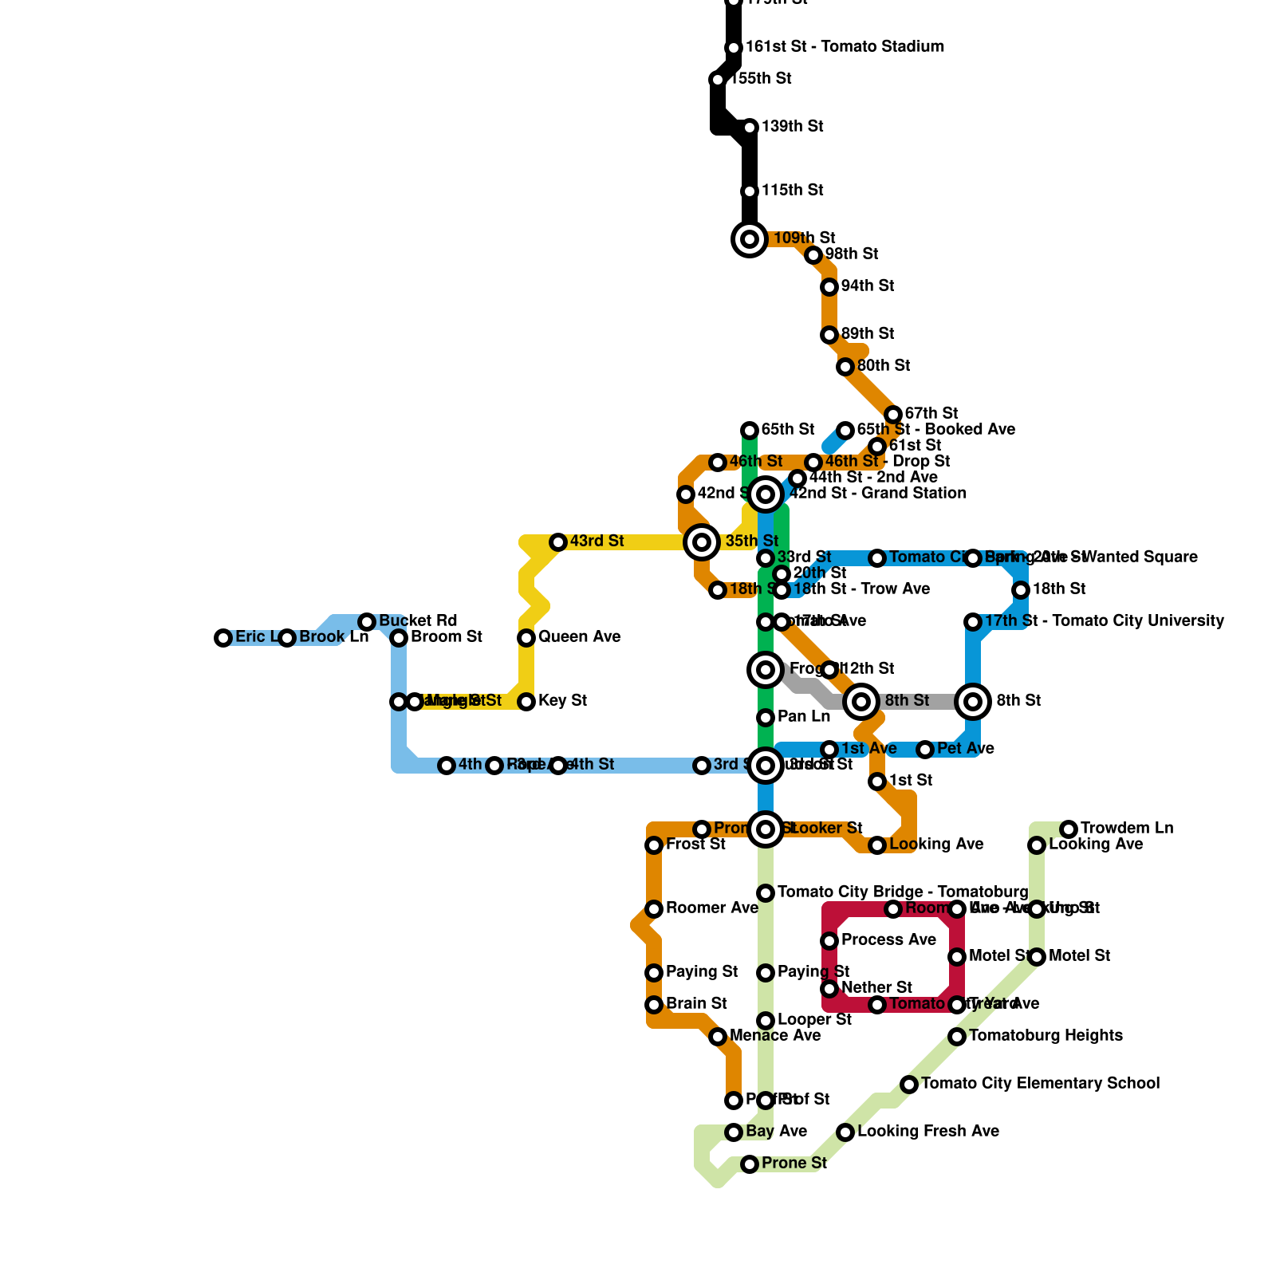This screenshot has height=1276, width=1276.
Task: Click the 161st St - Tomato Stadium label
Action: click(x=844, y=47)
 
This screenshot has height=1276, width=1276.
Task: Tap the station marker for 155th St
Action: click(x=718, y=80)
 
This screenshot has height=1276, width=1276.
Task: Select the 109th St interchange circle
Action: click(x=750, y=239)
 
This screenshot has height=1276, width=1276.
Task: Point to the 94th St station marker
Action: click(x=829, y=287)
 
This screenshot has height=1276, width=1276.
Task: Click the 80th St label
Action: click(x=883, y=366)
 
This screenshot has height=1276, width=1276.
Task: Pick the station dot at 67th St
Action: click(x=893, y=415)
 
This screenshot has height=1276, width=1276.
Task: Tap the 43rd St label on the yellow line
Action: click(x=597, y=542)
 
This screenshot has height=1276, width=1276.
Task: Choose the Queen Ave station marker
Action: click(x=526, y=638)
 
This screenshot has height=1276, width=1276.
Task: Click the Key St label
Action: click(x=562, y=701)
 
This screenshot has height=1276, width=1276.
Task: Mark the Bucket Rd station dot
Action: click(x=367, y=622)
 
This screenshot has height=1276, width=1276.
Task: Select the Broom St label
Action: click(x=446, y=637)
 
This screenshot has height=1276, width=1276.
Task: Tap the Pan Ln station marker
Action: click(x=766, y=718)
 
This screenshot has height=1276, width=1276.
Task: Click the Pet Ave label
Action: click(x=965, y=749)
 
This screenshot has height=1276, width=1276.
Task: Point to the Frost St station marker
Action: click(x=654, y=845)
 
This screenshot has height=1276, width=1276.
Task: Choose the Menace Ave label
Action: click(x=774, y=1036)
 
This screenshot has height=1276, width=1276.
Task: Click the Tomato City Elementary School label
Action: click(x=1040, y=1084)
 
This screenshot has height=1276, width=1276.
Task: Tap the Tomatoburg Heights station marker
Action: click(x=957, y=1037)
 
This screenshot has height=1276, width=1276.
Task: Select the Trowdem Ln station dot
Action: click(x=1069, y=829)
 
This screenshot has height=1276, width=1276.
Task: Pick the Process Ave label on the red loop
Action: click(x=888, y=940)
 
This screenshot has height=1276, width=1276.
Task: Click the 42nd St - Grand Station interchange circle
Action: click(x=766, y=494)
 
